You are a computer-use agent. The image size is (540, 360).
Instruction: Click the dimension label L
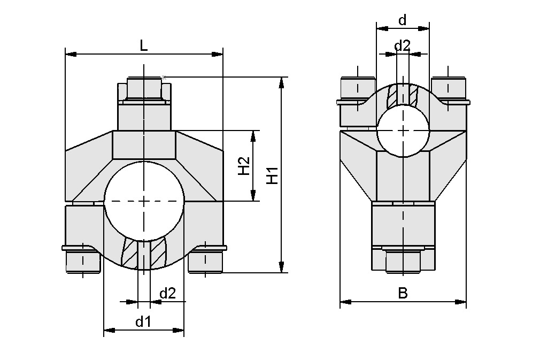143,46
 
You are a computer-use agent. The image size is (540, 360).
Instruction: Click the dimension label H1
273,175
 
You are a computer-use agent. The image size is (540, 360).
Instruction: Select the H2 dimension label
243,166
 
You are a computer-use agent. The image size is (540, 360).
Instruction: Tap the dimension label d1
143,321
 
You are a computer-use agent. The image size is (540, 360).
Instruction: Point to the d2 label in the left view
168,293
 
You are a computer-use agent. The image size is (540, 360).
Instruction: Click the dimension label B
403,293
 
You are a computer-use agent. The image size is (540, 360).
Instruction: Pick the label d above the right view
403,20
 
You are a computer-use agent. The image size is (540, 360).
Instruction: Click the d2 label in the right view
402,45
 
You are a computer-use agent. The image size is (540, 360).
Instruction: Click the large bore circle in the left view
144,201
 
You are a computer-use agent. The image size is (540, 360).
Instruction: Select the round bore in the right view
403,130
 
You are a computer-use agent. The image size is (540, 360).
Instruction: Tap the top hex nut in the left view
143,89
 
